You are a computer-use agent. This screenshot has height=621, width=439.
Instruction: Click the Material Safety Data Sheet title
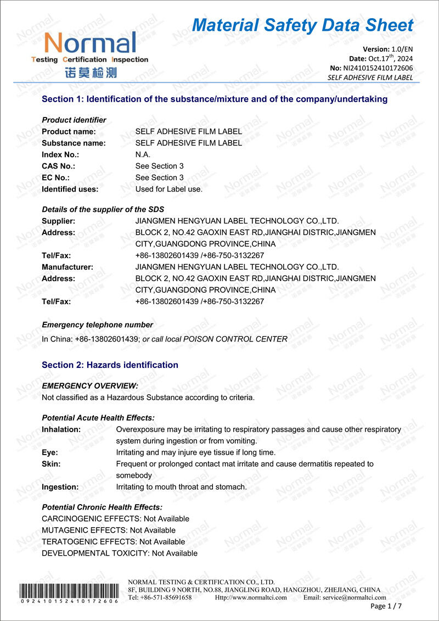302,25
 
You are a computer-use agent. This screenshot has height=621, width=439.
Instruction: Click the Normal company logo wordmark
90,43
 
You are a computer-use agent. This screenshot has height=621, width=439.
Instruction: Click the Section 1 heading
215,99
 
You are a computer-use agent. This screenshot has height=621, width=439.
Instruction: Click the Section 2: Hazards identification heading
110,365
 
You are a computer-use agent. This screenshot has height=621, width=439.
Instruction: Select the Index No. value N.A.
143,155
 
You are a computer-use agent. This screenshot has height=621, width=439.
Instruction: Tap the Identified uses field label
70,189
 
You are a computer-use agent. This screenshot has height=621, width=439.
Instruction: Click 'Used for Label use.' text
169,189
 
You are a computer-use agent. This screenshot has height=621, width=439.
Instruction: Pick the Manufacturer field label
67,267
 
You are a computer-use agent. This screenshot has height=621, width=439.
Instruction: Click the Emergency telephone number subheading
97,325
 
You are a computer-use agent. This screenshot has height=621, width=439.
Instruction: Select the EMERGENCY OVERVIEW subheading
90,386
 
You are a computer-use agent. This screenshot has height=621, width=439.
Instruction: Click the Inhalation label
61,429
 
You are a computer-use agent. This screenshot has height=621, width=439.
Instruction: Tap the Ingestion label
60,487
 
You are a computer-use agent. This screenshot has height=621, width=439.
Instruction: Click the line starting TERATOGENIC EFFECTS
113,542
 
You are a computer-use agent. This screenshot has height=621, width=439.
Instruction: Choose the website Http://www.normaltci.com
251,597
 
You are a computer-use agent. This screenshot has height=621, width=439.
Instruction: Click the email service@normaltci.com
345,597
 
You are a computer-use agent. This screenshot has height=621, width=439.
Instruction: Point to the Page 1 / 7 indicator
386,606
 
